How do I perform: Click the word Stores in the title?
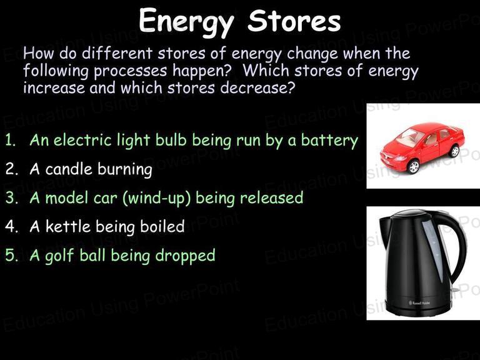[x=294, y=20]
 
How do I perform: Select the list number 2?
[x=11, y=169]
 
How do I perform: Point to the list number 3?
[x=11, y=197]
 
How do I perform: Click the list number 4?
[x=11, y=226]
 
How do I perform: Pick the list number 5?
[x=11, y=255]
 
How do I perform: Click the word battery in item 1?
[x=329, y=141]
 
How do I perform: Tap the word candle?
[x=68, y=169]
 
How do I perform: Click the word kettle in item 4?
[x=68, y=226]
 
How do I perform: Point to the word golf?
[x=60, y=256]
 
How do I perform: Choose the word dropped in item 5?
[x=185, y=256]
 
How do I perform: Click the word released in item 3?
[x=271, y=197]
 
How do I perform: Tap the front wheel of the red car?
[x=414, y=167]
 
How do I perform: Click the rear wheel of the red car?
[x=455, y=151]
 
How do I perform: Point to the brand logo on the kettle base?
[x=420, y=302]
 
